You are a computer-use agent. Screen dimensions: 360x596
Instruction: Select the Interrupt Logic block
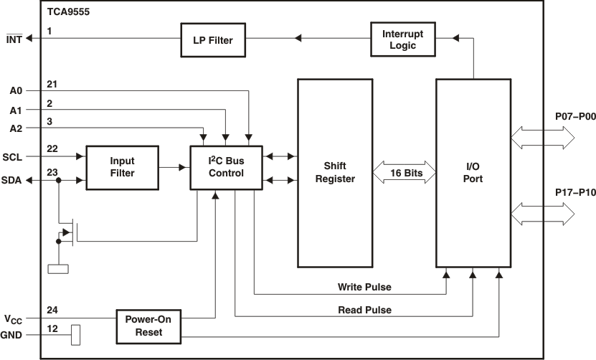point(402,39)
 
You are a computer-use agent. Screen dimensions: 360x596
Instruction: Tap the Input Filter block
point(122,167)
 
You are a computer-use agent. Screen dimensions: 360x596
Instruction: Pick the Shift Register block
point(335,173)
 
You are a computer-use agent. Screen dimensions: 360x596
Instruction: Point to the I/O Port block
point(473,173)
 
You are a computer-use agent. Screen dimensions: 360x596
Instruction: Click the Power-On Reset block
point(148,326)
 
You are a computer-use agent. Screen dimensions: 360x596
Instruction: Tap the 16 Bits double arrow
point(405,174)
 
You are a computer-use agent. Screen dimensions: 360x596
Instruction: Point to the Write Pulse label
point(364,288)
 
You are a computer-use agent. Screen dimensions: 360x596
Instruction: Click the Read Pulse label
point(364,310)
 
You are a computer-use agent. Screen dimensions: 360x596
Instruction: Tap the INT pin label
point(14,39)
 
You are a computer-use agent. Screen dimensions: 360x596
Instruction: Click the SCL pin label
point(13,156)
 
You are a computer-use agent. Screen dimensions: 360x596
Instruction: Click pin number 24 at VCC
point(52,311)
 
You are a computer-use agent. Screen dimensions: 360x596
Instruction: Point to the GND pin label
point(12,334)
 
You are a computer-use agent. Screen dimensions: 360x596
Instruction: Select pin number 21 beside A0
point(52,84)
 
